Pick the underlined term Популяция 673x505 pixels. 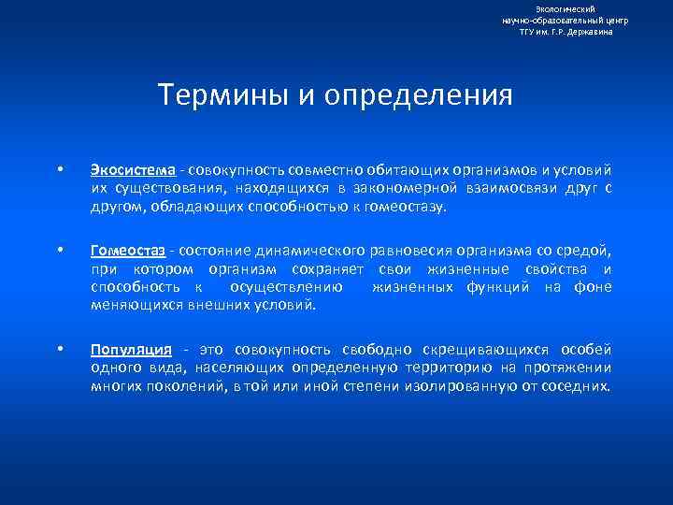tap(131, 350)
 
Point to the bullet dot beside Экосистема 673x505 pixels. tap(60, 170)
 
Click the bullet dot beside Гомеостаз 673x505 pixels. tap(60, 251)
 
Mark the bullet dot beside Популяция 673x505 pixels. tap(60, 350)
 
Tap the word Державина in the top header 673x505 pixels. tap(591, 32)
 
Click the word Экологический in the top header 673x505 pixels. tap(566, 8)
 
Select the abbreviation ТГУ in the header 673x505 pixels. tap(529, 32)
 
